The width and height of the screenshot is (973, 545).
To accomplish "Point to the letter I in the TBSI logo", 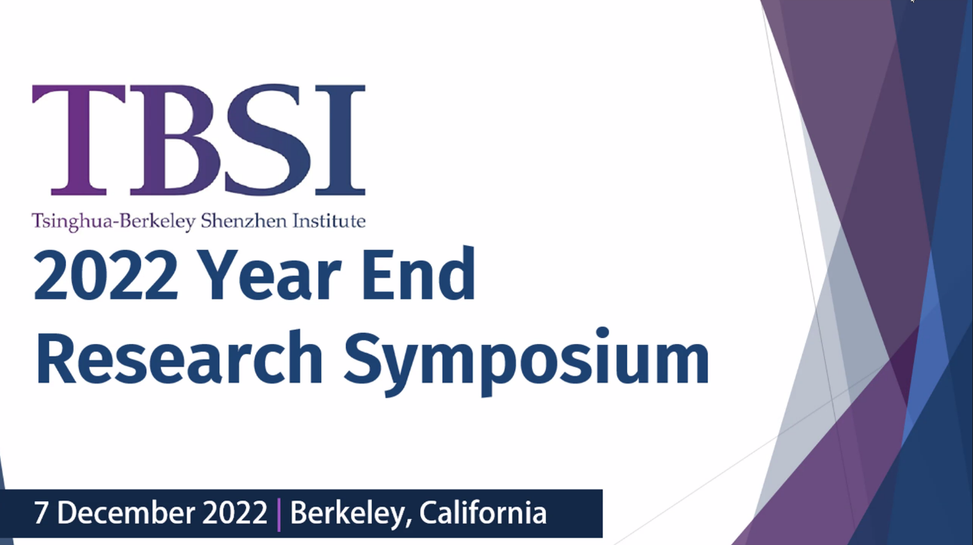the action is coord(340,140).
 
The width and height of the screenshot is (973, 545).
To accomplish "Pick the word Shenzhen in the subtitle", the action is coord(244,221).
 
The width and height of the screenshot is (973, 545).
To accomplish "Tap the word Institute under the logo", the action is coord(329,221).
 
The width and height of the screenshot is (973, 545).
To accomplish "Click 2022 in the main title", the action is coord(106,276).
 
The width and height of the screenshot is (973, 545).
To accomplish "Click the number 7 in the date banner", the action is coord(41,513).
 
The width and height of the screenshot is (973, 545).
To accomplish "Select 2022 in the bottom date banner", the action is coord(235,513).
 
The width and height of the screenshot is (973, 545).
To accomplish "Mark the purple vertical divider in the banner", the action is coord(278,515).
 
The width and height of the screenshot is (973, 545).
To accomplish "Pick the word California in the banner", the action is coord(482,513).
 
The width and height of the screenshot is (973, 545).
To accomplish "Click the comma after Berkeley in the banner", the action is coord(409,524).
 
